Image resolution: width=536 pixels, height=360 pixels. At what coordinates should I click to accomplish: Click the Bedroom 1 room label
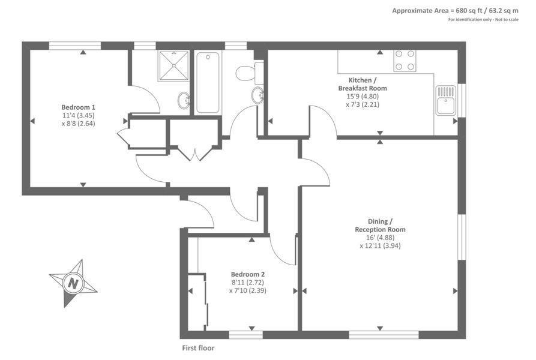78,107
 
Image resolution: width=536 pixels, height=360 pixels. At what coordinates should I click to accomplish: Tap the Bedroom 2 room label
248,274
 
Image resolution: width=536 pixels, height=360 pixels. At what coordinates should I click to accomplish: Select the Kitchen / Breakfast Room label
363,84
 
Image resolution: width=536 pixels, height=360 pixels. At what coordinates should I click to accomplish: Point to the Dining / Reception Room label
380,226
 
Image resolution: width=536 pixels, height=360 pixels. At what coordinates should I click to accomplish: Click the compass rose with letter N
73,283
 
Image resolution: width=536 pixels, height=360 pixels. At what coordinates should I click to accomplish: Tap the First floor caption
198,348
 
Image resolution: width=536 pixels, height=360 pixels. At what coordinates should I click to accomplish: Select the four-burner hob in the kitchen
405,61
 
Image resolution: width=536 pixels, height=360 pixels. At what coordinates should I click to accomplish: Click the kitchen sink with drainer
446,100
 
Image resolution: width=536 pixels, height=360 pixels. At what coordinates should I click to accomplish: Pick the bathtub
208,82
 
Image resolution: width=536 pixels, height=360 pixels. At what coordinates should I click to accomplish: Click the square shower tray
173,66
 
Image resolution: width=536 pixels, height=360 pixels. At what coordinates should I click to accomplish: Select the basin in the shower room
185,100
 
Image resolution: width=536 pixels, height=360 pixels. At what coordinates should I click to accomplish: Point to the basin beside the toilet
257,95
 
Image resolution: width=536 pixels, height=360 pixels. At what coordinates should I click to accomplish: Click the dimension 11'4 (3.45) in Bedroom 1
78,115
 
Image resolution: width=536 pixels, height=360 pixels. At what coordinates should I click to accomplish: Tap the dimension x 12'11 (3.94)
380,245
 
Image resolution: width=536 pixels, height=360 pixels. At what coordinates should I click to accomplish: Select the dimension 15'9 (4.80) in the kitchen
363,97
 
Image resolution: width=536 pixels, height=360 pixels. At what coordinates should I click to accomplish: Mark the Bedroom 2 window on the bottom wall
245,335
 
